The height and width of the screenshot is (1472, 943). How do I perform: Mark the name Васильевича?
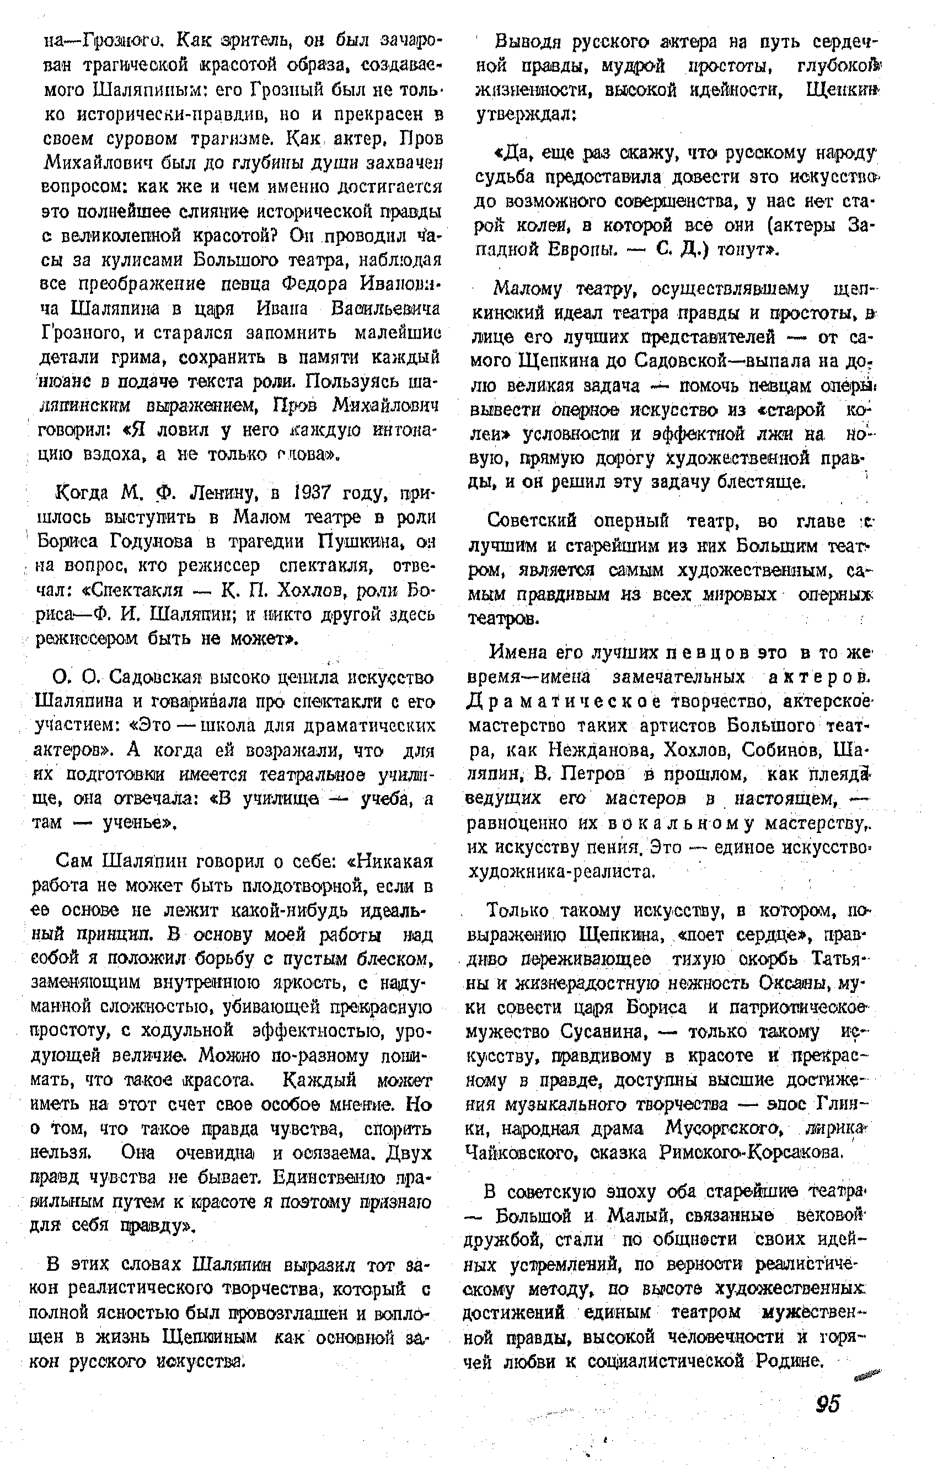click(384, 309)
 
